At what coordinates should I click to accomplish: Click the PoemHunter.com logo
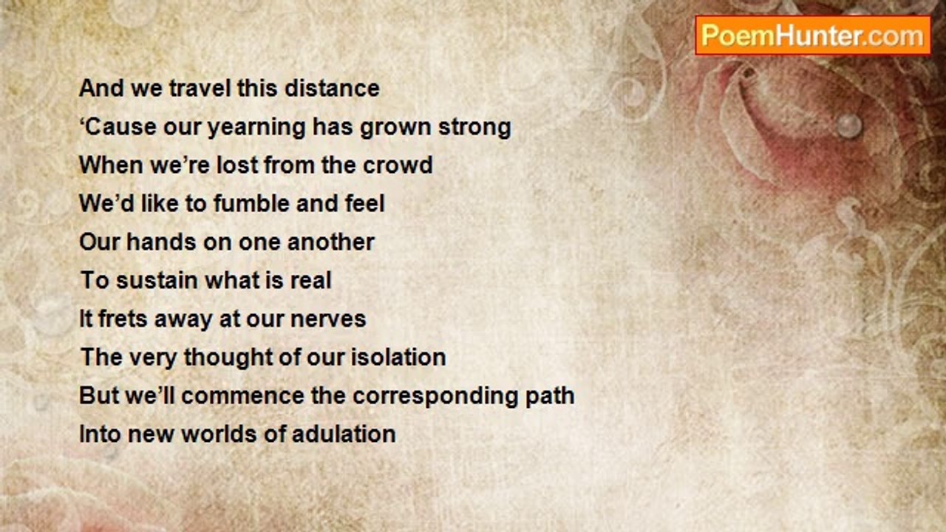[813, 35]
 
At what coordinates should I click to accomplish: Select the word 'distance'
[332, 88]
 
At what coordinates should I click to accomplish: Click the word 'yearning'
[256, 128]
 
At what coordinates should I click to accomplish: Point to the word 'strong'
[474, 128]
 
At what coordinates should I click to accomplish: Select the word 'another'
[331, 242]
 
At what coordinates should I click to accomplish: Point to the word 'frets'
[123, 318]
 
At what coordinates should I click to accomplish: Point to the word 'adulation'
[344, 434]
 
